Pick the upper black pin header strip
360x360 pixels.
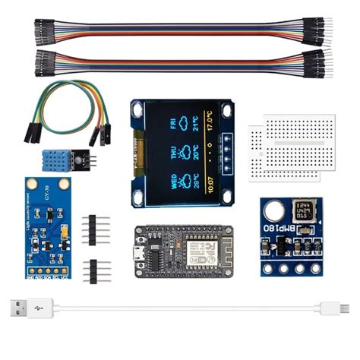point(96,226)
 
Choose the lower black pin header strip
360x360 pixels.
point(96,269)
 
